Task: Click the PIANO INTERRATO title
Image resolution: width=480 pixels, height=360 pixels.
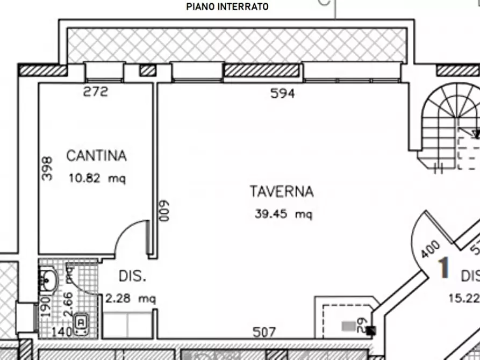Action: click(227, 7)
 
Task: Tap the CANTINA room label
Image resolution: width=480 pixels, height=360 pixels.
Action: click(96, 156)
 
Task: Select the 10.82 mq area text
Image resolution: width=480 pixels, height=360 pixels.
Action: click(97, 179)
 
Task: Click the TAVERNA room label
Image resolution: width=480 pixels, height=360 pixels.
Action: click(281, 191)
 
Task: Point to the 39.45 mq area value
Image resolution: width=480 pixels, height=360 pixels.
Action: click(283, 214)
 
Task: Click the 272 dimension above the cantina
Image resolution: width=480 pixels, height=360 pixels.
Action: click(96, 92)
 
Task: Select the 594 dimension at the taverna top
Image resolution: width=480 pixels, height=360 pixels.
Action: click(282, 94)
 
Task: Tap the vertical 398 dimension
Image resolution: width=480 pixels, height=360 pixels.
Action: click(47, 168)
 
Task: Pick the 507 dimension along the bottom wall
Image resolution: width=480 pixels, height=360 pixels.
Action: click(264, 333)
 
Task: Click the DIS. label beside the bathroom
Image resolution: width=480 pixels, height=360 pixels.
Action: click(132, 277)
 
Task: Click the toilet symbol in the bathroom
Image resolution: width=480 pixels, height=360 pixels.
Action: click(81, 322)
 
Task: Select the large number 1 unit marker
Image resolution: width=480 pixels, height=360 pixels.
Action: click(443, 268)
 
